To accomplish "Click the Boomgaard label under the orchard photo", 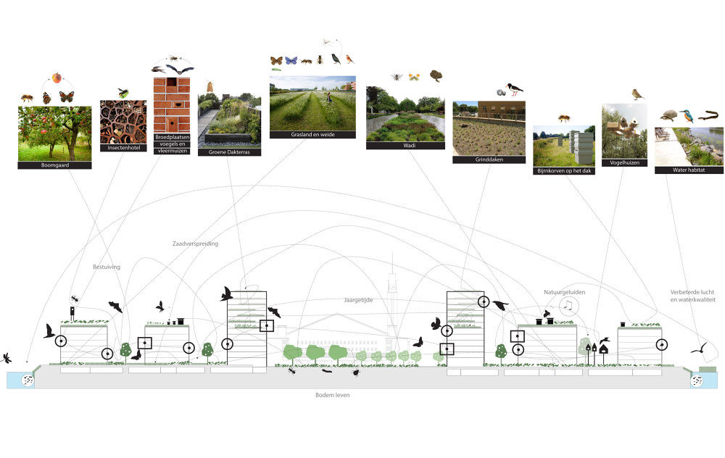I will pos(55,165).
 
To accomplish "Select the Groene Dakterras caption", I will pos(228,152).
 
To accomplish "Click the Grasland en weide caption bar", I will pos(312,134).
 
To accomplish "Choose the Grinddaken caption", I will pos(489,159).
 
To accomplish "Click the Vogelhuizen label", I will pos(624,164).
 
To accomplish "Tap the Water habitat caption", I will pos(688,170).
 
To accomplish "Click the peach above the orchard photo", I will pos(56,78).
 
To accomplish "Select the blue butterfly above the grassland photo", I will pos(291,60).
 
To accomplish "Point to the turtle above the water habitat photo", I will pos(668,115).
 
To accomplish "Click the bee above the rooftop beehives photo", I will pos(563,117).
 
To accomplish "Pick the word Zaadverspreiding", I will pos(195,243).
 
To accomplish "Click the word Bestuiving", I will pos(106,267).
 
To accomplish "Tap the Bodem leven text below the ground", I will pos(333,395).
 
